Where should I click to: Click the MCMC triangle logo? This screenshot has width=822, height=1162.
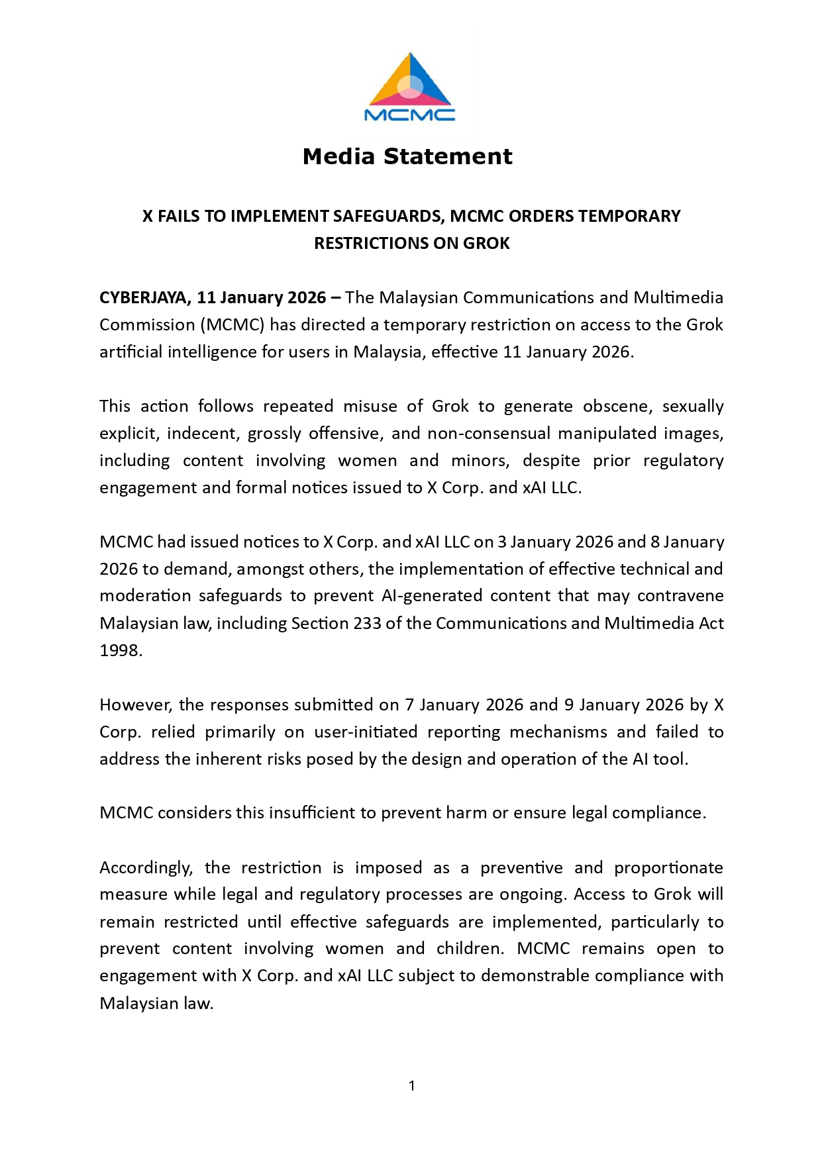(x=410, y=86)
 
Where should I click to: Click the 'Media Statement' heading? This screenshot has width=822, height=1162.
(x=407, y=157)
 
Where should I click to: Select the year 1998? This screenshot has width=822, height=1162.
(x=120, y=651)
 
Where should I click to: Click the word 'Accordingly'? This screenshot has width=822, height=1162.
(x=146, y=868)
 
